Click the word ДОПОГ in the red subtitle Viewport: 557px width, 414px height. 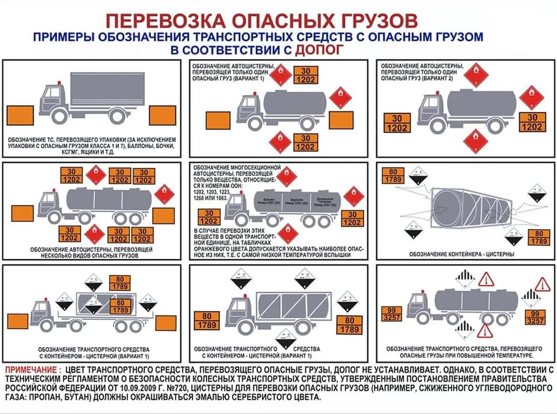[318, 50]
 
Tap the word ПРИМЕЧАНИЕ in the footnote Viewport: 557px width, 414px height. [33, 370]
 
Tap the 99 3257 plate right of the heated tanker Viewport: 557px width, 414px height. [535, 317]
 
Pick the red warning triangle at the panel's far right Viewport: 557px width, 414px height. [542, 284]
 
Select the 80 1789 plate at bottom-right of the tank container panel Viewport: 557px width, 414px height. [539, 237]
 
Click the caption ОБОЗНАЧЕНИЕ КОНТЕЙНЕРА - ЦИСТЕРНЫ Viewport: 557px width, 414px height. [461, 254]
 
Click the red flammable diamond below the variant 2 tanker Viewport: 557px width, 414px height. [476, 141]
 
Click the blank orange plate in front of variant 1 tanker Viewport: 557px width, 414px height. [218, 120]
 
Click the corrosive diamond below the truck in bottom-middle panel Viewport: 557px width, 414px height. [286, 339]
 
